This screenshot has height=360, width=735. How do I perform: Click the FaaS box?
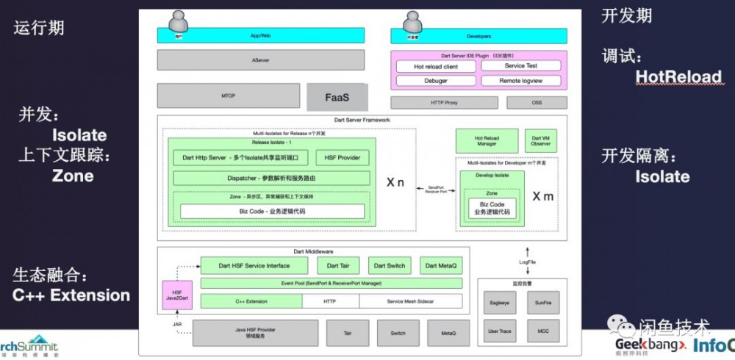pos(336,97)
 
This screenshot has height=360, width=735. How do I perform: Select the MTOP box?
pos(229,96)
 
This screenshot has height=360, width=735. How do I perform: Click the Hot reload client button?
pos(435,67)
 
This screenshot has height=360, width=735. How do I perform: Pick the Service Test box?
pos(520,66)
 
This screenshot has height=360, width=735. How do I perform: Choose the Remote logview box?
pos(520,81)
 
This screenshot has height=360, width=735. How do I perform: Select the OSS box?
pos(537,103)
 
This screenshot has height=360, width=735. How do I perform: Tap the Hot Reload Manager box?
pos(487,141)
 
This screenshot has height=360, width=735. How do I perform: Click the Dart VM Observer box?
pos(540,141)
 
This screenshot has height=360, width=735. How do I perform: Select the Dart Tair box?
pos(337,265)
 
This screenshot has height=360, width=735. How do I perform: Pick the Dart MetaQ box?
pos(441,265)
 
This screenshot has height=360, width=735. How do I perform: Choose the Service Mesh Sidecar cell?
pos(409,301)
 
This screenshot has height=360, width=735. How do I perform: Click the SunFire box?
pos(543,302)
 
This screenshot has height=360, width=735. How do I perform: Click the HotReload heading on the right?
pos(678,76)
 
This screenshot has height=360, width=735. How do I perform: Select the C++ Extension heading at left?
pos(71,295)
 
